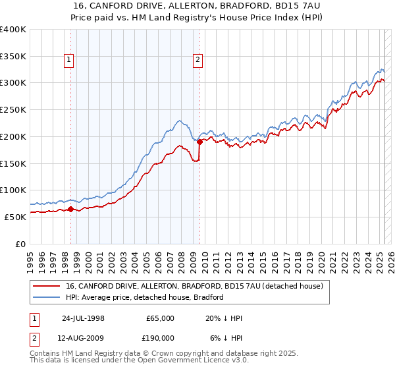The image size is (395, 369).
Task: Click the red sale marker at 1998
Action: [x=70, y=209]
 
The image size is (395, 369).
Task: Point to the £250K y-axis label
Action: [x=13, y=109]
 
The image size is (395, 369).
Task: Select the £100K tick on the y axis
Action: [x=13, y=190]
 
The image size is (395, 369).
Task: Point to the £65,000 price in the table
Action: [x=160, y=318]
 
